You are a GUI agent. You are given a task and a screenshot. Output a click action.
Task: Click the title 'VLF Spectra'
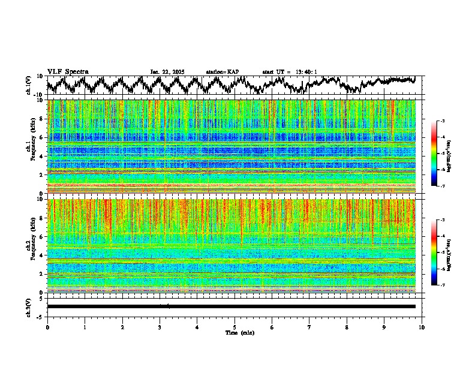pos(68,71)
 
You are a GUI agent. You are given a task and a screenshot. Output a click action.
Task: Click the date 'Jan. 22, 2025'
pos(167,72)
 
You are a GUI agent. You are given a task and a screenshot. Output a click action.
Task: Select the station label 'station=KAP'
pos(223,72)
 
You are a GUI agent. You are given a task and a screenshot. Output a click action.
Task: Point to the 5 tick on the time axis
pos(235,327)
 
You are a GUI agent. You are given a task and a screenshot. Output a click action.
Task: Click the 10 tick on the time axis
pos(422,327)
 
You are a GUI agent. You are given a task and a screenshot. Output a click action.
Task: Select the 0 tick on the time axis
pos(47,327)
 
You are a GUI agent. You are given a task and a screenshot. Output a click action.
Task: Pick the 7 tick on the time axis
pos(309,327)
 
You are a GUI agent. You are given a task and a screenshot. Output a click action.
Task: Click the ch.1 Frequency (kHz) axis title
pos(30,147)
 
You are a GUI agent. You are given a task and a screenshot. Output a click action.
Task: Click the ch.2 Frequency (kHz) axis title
pos(30,246)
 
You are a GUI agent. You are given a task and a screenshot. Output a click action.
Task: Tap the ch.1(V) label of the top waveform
pos(28,85)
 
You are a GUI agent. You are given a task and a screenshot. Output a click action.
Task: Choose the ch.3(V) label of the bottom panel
pos(28,306)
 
